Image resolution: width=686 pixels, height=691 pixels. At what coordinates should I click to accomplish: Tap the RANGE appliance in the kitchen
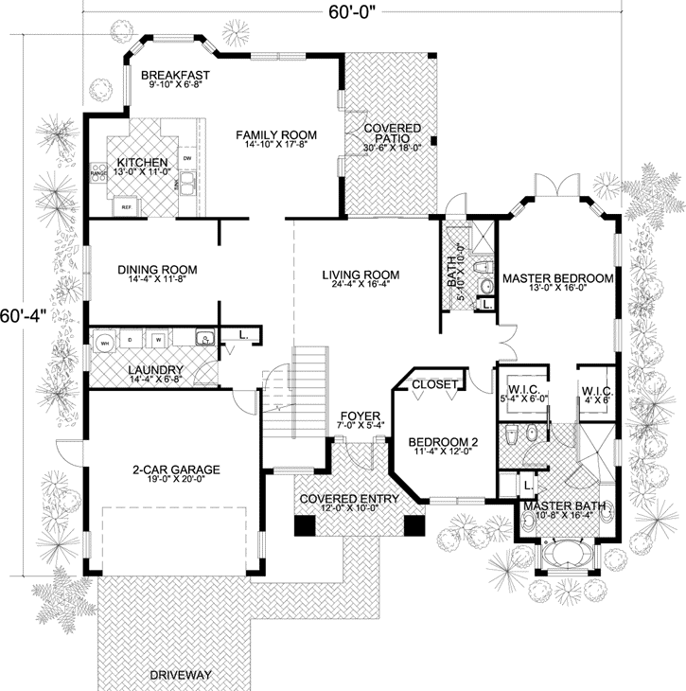97,174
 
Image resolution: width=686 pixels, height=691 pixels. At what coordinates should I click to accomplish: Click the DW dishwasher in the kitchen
187,158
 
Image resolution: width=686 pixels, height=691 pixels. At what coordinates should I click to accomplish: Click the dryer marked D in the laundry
132,339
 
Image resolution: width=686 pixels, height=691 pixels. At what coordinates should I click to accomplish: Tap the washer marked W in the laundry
160,339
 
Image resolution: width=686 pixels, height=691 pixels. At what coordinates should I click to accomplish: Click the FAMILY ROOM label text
276,135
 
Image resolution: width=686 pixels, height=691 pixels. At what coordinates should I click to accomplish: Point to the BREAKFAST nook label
175,75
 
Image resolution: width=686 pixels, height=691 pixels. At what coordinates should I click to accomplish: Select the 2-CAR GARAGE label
175,469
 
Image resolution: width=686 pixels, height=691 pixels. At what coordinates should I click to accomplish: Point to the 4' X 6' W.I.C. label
596,396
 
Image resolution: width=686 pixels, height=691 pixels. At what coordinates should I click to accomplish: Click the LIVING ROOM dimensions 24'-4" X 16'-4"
360,290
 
